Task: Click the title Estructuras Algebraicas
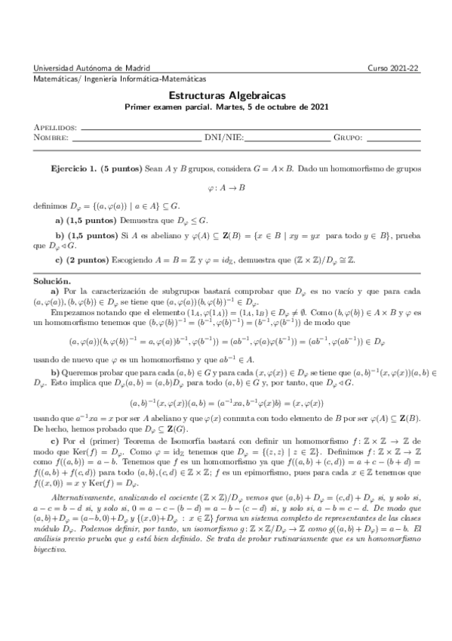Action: click(x=226, y=96)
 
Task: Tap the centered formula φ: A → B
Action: click(x=226, y=187)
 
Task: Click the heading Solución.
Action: click(x=53, y=280)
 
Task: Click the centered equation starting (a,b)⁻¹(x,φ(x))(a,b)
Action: click(x=226, y=404)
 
